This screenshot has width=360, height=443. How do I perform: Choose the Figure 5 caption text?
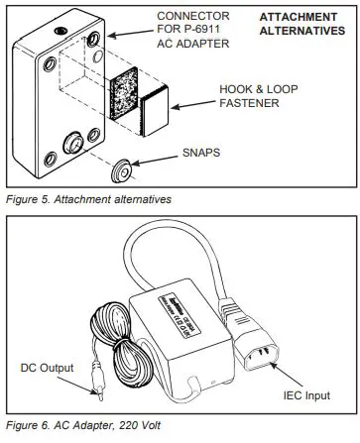tap(86, 199)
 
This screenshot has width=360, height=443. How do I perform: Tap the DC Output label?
tap(46, 367)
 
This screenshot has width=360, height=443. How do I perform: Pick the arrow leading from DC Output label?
tap(83, 375)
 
